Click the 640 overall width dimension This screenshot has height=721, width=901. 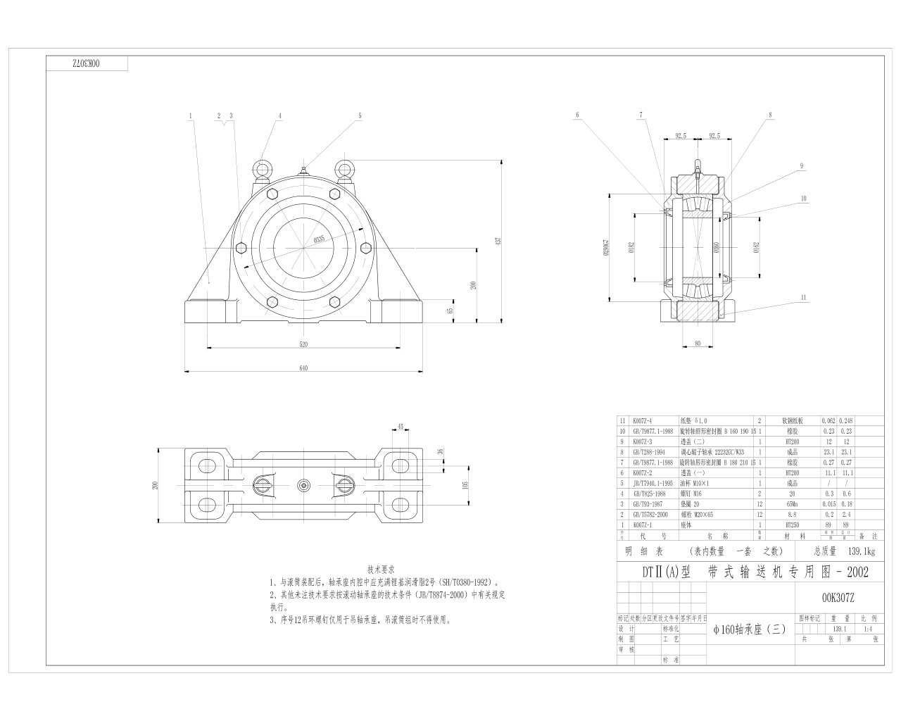pos(304,367)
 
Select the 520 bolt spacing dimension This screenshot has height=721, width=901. pos(304,344)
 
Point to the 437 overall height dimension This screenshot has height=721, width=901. pos(498,241)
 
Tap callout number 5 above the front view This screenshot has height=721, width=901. pos(359,115)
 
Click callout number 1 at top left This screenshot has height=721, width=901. pos(190,115)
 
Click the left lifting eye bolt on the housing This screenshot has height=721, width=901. pos(263,169)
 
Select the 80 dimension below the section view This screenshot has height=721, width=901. pos(698,344)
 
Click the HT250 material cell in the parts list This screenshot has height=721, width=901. pos(789,525)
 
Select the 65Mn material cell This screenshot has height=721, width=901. pos(789,503)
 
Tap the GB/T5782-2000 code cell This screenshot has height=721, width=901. pos(653,514)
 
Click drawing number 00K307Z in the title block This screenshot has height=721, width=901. pos(838,598)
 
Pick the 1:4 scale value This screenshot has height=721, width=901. pos(867,629)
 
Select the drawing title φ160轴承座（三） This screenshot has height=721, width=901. pos(749,629)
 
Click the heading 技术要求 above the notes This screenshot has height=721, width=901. pos(381,568)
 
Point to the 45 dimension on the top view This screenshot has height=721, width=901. pos(400,427)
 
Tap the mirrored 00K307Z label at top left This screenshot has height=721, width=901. pos(87,63)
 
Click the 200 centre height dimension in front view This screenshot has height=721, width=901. pos(474,284)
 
